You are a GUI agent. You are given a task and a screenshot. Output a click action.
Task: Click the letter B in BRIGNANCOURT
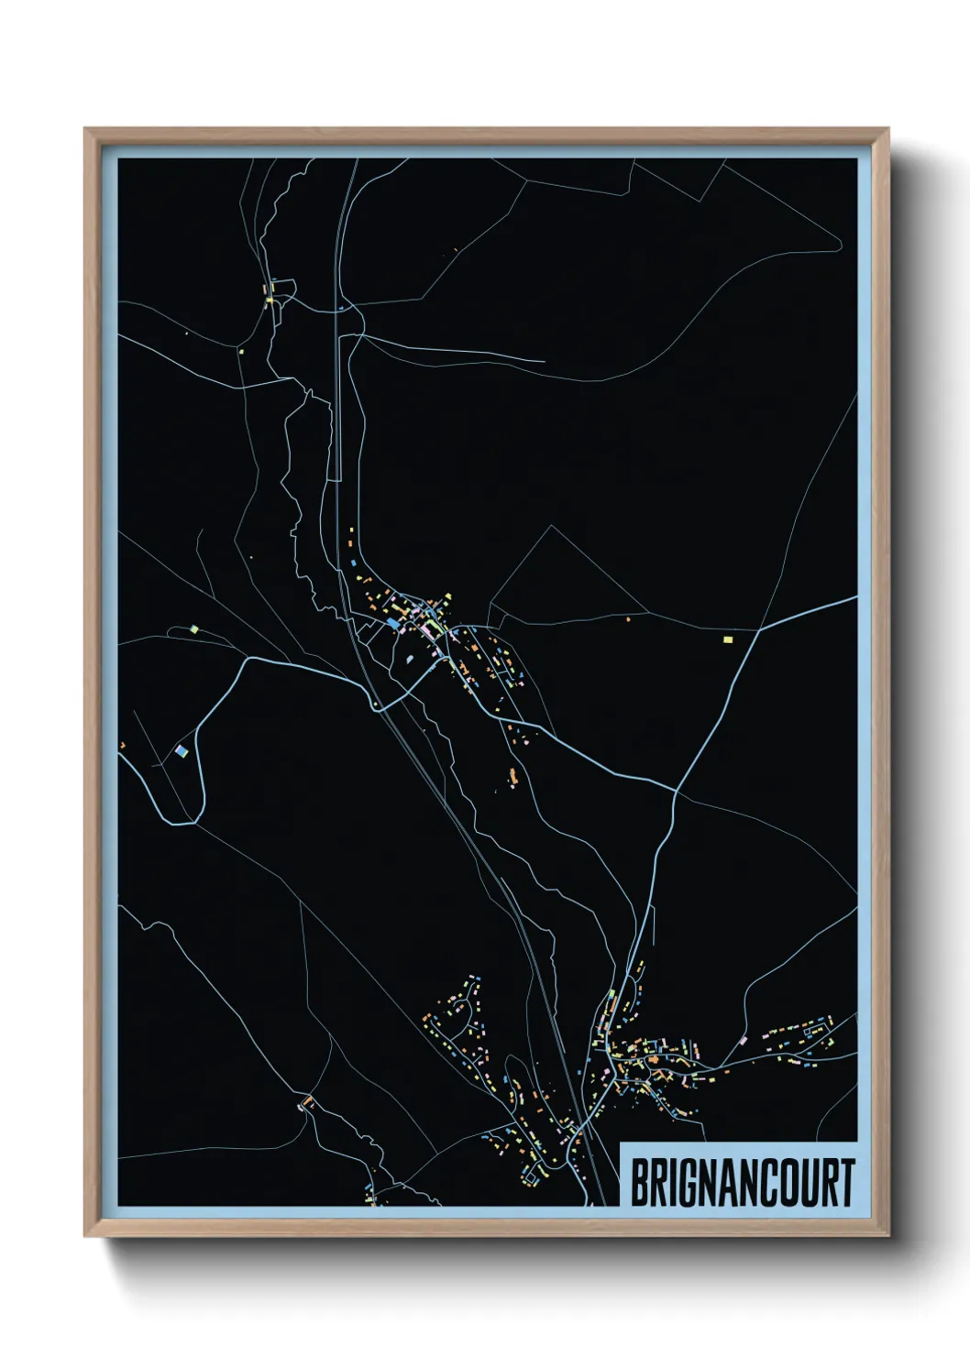[x=640, y=1183]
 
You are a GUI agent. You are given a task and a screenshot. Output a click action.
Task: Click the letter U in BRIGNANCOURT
[x=806, y=1183]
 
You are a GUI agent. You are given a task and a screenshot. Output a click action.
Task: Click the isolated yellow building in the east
[x=728, y=640]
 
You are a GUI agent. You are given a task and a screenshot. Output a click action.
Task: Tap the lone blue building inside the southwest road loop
[x=182, y=751]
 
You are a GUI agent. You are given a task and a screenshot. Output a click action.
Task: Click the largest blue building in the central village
[x=393, y=623]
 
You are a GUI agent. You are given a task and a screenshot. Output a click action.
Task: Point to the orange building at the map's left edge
[x=121, y=746]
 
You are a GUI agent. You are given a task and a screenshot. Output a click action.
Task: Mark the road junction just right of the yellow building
[x=758, y=630]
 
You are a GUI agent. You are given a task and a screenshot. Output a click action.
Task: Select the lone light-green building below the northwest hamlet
[x=240, y=350]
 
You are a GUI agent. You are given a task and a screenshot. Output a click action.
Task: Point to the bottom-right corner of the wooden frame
[x=888, y=1237]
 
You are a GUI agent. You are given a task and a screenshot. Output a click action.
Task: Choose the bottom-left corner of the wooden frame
[x=85, y=1237]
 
